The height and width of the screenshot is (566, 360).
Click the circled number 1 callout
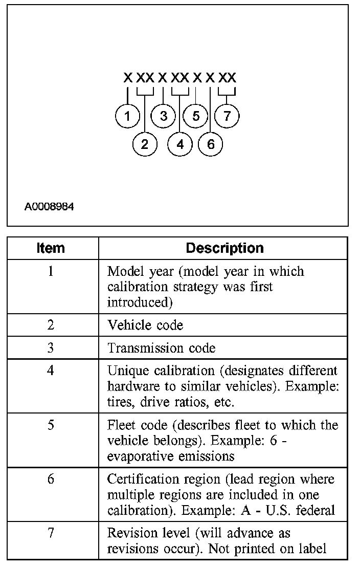pos(127,117)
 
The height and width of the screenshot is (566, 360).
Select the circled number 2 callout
pos(145,144)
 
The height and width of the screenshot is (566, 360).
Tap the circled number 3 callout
pos(163,117)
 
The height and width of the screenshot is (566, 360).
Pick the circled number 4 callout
pos(179,144)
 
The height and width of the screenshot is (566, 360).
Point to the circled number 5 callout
pos(196,117)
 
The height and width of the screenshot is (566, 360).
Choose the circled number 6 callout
pos(211,144)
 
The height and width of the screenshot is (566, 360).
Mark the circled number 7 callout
pos(227,117)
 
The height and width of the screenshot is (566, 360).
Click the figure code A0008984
pos(49,207)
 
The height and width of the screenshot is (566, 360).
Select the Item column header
pos(51,248)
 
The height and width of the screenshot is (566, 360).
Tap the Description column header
pos(224,248)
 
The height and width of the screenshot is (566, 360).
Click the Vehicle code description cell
pos(145,325)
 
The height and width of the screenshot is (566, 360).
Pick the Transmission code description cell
pos(161,348)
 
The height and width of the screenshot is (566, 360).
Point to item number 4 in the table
pos(51,370)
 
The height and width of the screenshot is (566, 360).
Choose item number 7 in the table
pos(51,533)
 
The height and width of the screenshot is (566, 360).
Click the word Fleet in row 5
pos(120,426)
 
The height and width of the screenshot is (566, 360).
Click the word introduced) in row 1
pos(138,302)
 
